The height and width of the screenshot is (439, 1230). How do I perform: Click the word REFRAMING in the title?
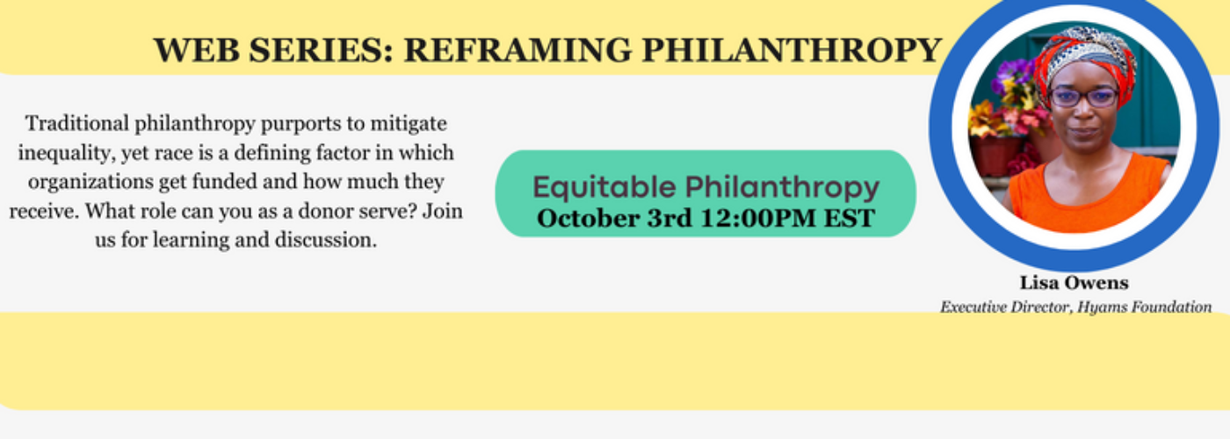click(517, 50)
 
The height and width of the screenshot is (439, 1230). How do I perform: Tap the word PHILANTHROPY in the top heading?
click(792, 50)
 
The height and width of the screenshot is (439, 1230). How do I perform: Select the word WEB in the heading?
click(197, 50)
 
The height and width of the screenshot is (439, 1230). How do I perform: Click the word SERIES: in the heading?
click(322, 50)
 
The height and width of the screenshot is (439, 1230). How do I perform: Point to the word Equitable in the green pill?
click(604, 188)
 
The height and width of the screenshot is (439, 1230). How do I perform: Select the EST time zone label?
click(850, 219)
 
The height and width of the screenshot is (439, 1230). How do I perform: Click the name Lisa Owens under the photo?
click(1074, 283)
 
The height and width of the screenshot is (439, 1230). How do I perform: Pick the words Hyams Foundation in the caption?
click(1144, 306)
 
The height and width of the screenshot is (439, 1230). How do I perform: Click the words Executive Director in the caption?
click(1005, 306)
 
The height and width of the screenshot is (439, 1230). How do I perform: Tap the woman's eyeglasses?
click(1083, 97)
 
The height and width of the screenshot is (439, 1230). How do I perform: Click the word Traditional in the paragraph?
click(77, 124)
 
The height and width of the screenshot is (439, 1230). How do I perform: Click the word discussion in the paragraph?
click(326, 240)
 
